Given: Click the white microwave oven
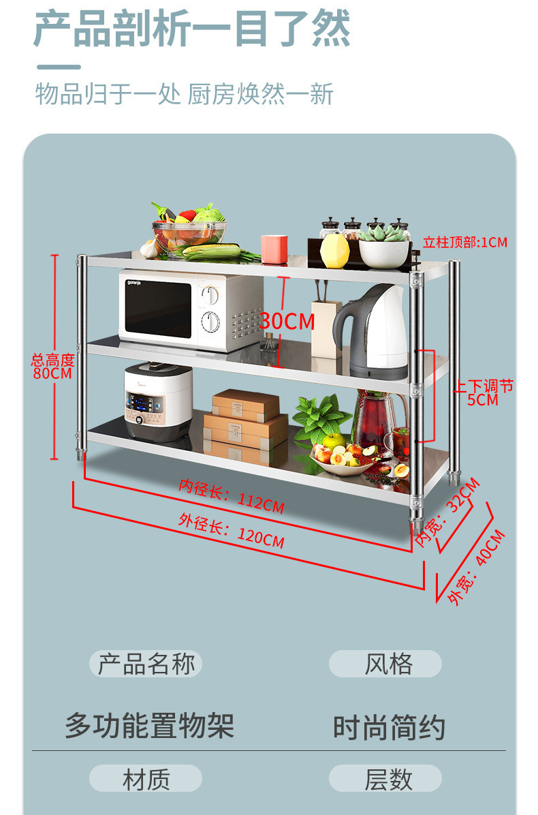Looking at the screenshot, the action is pyautogui.click(x=190, y=310).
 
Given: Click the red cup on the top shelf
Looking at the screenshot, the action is pyautogui.click(x=274, y=249).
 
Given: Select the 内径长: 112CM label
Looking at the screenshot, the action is pyautogui.click(x=231, y=496).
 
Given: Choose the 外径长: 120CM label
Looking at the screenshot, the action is pyautogui.click(x=231, y=532).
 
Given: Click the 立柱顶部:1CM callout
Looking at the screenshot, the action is pyautogui.click(x=465, y=242).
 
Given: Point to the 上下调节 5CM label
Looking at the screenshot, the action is pyautogui.click(x=485, y=393).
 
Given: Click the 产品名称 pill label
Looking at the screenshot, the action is pyautogui.click(x=146, y=664).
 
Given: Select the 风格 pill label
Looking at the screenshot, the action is pyautogui.click(x=385, y=664).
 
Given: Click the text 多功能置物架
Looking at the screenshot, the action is pyautogui.click(x=150, y=725).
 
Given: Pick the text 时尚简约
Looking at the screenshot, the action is pyautogui.click(x=389, y=727).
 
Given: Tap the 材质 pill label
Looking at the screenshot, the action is pyautogui.click(x=146, y=779).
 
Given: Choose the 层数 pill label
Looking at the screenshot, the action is pyautogui.click(x=385, y=779).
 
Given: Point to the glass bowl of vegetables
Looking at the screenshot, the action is pyautogui.click(x=189, y=231).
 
